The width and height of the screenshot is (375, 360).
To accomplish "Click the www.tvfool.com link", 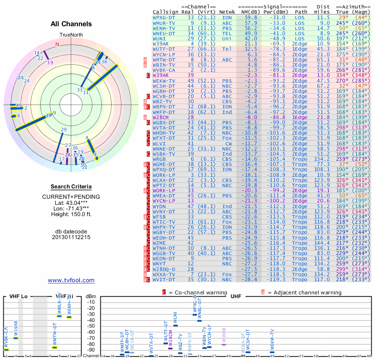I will pos(71,280).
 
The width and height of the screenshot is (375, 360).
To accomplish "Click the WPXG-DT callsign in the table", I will pos(165,17).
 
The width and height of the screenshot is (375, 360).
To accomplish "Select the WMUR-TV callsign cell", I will pos(165,22).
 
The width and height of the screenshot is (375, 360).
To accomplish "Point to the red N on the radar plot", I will pos(57,45).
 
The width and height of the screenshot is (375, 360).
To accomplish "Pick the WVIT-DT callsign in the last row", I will pos(165,279).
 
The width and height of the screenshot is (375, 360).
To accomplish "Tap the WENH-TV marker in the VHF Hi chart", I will pos(69,317).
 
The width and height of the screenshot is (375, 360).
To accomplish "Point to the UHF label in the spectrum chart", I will pos(235,296).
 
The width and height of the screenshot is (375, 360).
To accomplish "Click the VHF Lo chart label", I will pos(19,296).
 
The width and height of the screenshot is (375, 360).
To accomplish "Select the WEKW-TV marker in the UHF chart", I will pos(272,351).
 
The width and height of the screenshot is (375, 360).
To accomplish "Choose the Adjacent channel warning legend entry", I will pos(301,292).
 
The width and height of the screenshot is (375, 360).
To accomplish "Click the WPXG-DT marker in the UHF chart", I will pos(195,315).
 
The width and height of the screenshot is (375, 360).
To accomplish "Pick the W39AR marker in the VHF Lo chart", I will pos(15,338).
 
